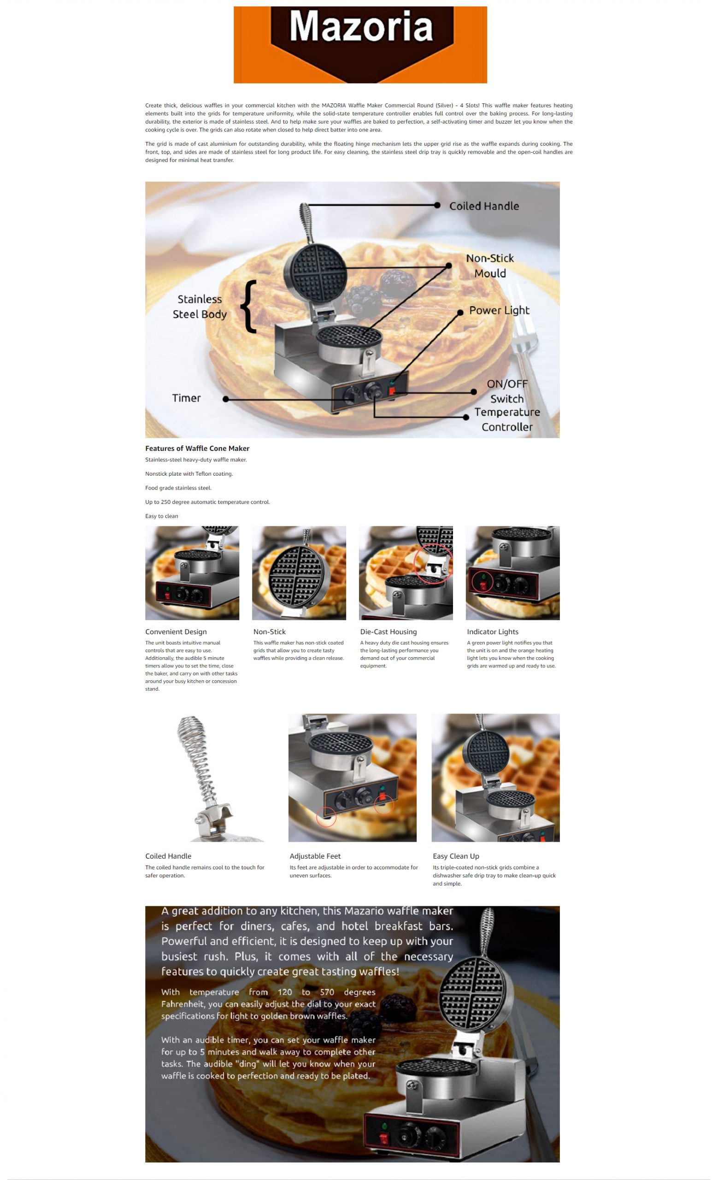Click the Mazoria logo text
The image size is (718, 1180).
click(361, 26)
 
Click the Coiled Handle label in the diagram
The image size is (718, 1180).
click(484, 206)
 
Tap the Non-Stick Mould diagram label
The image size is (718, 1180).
click(490, 266)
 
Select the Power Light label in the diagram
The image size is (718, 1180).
click(499, 310)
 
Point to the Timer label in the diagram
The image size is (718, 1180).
click(186, 398)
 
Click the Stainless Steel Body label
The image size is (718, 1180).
click(200, 307)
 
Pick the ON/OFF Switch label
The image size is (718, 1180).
click(507, 391)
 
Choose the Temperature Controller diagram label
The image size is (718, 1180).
click(507, 419)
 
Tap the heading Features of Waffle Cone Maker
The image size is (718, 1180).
click(197, 448)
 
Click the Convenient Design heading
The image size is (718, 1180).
click(176, 631)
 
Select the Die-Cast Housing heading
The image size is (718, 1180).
click(388, 631)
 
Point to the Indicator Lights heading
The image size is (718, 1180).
click(493, 631)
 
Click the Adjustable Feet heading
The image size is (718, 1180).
click(315, 856)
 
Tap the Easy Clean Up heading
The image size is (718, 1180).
click(456, 856)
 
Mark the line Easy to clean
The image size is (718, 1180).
click(161, 516)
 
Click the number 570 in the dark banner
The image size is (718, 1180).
click(327, 992)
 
